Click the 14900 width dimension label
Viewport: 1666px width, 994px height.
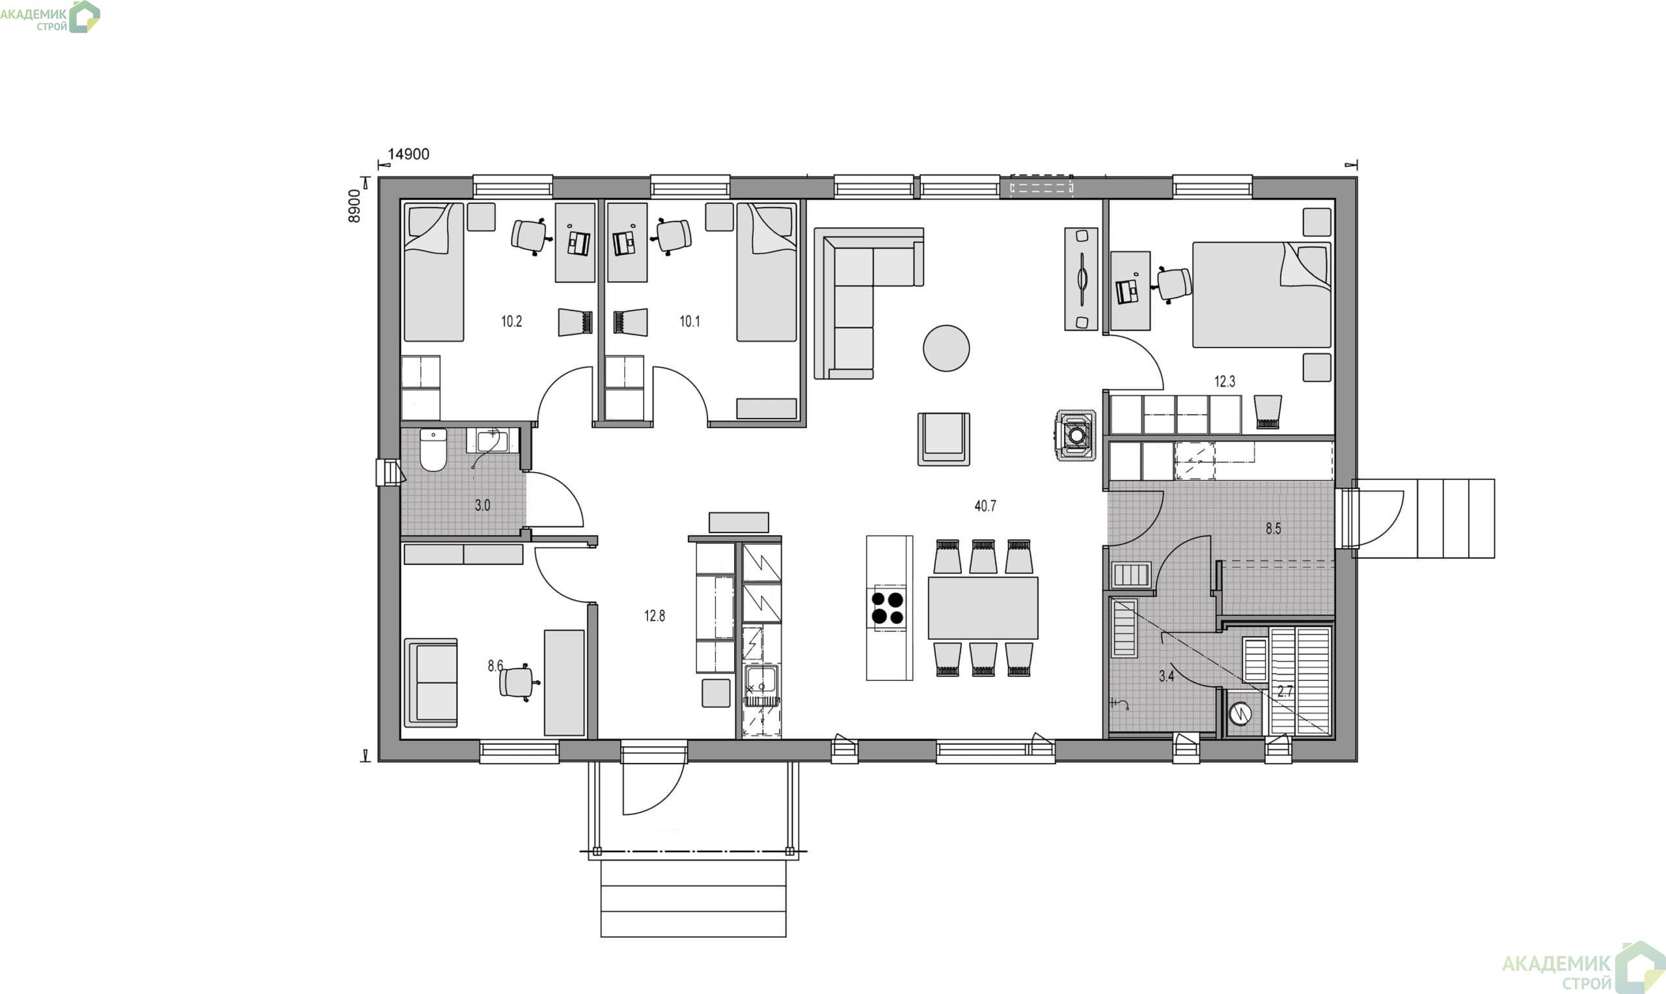409,154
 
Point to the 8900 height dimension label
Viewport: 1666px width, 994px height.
354,206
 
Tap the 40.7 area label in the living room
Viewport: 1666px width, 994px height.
985,506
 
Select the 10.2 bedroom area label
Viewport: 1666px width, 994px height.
512,322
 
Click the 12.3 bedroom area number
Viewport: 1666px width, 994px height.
1225,382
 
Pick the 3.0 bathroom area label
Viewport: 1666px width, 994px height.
483,506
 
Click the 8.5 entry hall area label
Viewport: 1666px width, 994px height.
1273,529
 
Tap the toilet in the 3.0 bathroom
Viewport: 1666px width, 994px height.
433,449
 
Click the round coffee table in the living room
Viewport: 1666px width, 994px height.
946,348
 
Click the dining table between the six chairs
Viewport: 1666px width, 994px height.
983,607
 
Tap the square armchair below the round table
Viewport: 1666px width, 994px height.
944,439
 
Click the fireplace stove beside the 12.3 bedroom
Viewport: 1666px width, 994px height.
1076,435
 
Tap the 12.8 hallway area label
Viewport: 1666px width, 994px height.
654,616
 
